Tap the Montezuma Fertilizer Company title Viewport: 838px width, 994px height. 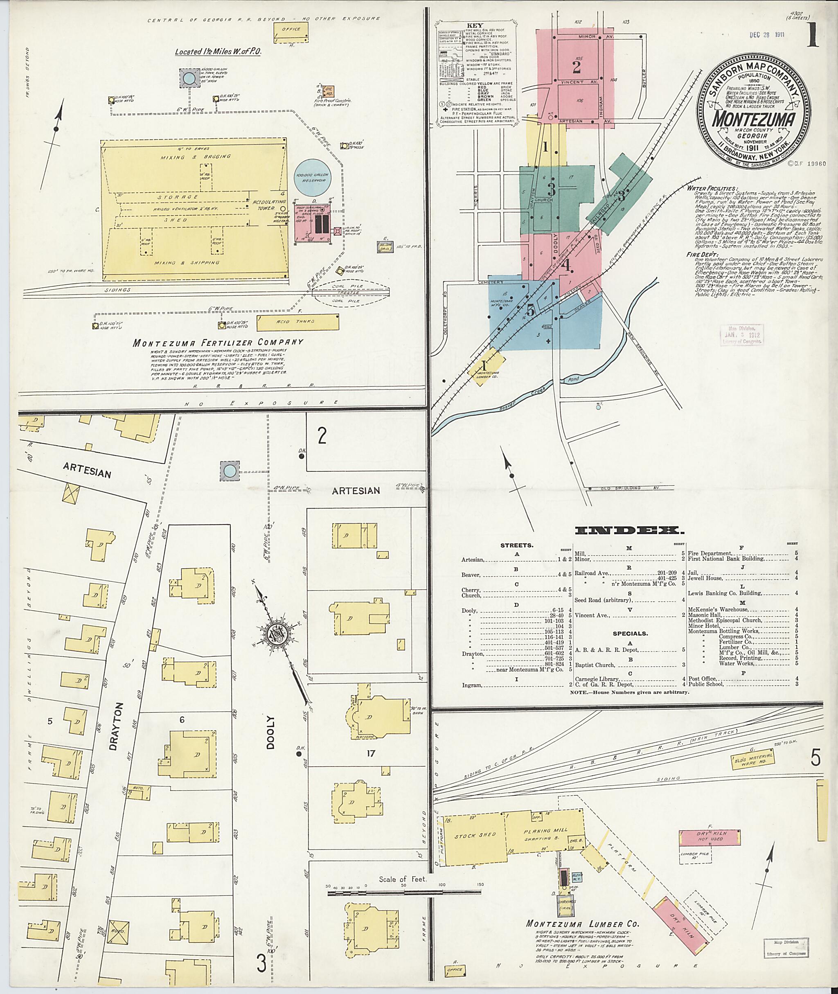pos(218,342)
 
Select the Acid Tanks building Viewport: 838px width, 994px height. pos(298,322)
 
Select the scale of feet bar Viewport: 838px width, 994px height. pos(404,893)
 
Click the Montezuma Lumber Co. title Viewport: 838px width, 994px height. pos(582,924)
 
